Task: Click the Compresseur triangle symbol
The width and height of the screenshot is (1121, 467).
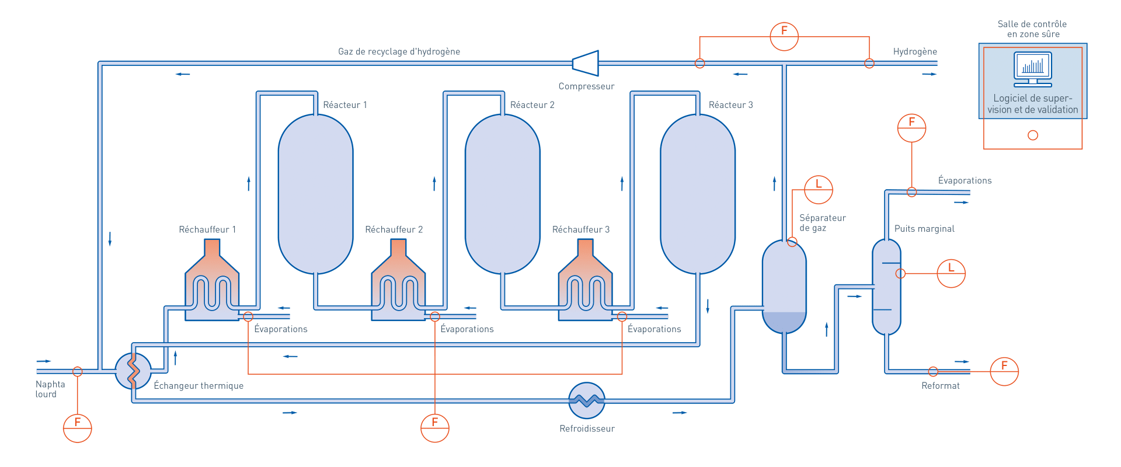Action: coord(587,63)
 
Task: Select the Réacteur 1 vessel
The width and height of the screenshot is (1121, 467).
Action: coord(315,194)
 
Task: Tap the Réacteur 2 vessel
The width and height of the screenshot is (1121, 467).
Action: coord(502,194)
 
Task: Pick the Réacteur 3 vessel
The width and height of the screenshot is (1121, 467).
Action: coord(697,194)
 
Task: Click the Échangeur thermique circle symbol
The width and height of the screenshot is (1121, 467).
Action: coord(133,371)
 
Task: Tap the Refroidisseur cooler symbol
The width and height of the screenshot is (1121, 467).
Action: coord(587,400)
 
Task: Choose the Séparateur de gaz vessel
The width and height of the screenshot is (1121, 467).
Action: coord(784,286)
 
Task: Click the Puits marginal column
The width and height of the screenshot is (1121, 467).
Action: coord(886,286)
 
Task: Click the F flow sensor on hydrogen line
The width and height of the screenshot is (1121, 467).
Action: coord(784,36)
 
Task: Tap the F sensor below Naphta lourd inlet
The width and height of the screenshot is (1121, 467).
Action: coord(77,428)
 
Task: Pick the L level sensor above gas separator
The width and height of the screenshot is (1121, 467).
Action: coord(818,189)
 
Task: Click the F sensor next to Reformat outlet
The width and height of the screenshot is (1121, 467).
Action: coord(1004,371)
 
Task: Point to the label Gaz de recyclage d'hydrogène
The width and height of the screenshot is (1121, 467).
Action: coord(399,51)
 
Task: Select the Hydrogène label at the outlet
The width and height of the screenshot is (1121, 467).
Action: coord(915,51)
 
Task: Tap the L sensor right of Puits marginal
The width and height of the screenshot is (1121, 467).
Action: coord(951,273)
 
